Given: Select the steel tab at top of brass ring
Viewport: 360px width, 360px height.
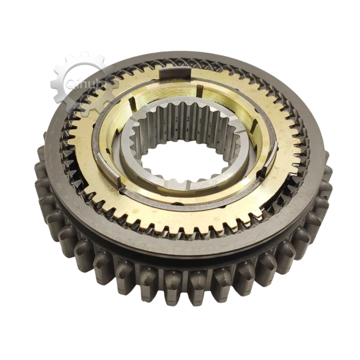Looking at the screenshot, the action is click(x=175, y=74).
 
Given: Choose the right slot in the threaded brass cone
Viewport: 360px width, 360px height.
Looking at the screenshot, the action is click(x=254, y=128).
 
